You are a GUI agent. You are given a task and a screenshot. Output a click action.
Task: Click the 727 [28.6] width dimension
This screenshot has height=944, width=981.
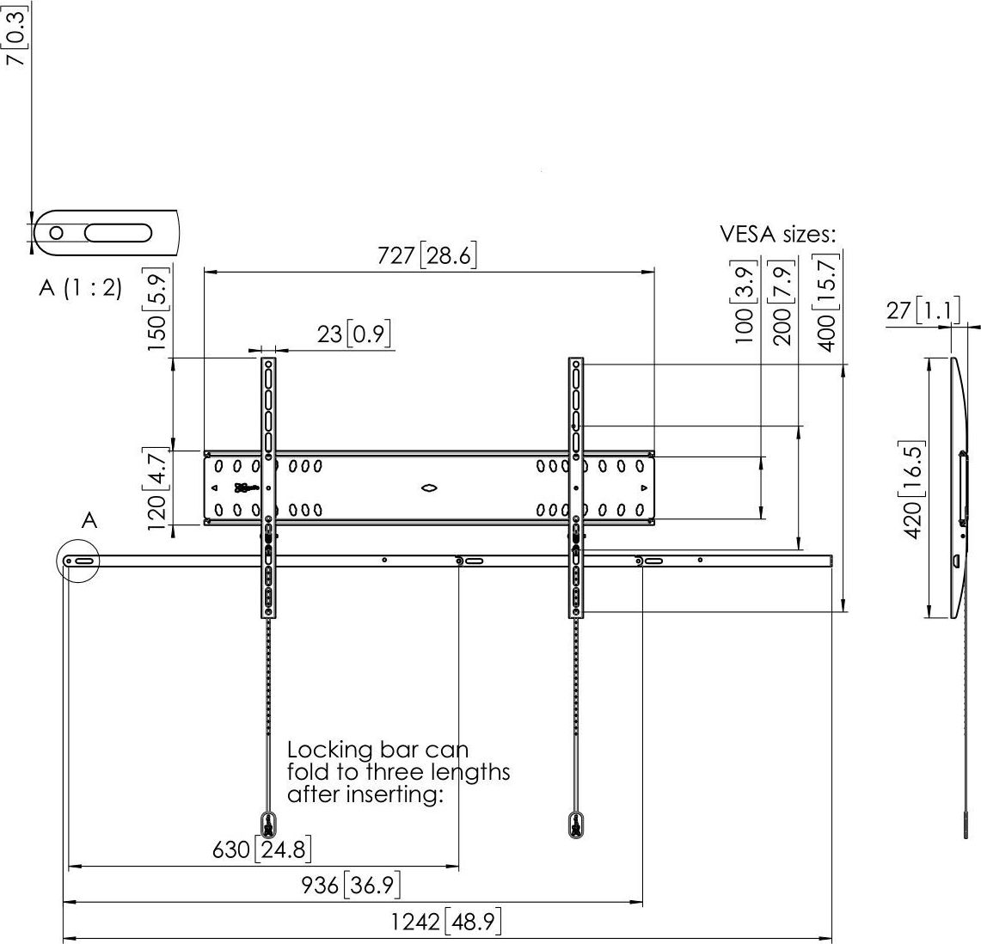pyautogui.click(x=427, y=256)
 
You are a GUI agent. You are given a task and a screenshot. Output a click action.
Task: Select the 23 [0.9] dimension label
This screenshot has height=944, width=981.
pyautogui.click(x=356, y=334)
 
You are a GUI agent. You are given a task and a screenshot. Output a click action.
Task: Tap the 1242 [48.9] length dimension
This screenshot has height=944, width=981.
pyautogui.click(x=445, y=923)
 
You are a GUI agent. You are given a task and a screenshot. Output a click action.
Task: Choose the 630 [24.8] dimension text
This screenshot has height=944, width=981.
pyautogui.click(x=261, y=850)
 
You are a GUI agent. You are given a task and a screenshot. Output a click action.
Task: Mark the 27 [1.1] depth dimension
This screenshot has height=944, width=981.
pyautogui.click(x=922, y=310)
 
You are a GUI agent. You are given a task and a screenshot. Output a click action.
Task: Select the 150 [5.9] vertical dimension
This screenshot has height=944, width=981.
pyautogui.click(x=156, y=310)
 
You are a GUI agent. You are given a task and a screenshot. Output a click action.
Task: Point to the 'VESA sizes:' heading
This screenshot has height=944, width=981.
pyautogui.click(x=777, y=236)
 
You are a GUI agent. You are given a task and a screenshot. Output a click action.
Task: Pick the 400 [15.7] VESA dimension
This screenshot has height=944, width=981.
pyautogui.click(x=827, y=305)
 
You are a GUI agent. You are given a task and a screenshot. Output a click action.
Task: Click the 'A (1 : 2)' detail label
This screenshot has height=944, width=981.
pyautogui.click(x=80, y=288)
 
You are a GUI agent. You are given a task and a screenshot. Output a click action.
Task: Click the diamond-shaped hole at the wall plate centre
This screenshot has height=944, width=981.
pyautogui.click(x=429, y=488)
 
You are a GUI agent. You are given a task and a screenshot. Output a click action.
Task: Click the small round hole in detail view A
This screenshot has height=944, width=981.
pyautogui.click(x=57, y=232)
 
